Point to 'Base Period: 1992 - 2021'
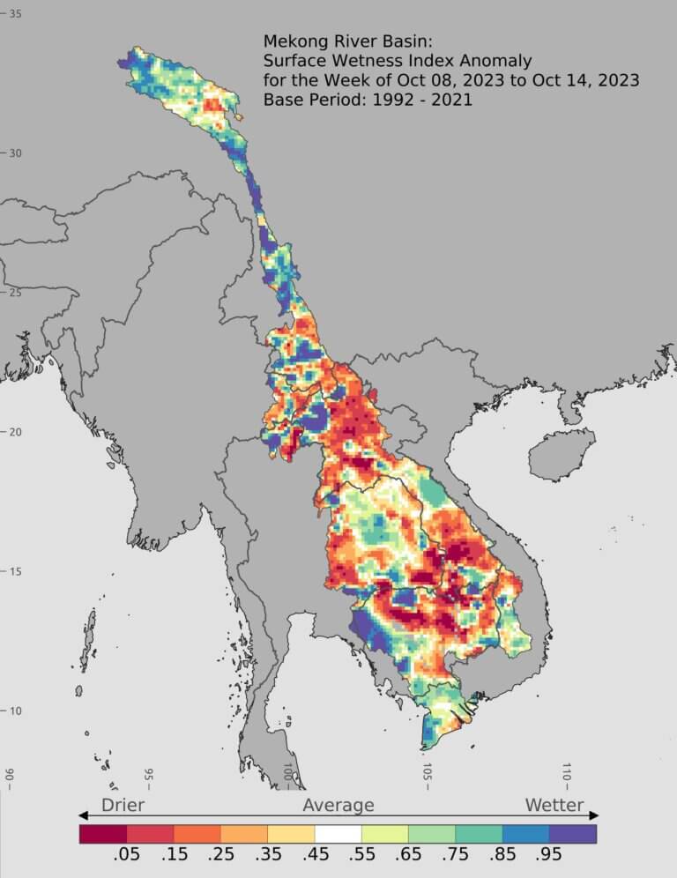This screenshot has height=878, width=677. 368,100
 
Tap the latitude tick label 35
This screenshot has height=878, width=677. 16,14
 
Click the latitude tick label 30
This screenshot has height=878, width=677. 16,153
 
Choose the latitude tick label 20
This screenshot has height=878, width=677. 16,432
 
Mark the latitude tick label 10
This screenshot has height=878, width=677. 16,711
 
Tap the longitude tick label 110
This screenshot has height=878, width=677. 566,771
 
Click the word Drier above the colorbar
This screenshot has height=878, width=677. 123,805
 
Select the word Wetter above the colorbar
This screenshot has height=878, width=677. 554,805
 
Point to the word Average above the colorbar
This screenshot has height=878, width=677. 338,805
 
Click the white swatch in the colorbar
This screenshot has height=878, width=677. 338,833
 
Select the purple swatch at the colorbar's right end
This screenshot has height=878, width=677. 573,833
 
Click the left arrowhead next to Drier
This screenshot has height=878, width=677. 84,815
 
